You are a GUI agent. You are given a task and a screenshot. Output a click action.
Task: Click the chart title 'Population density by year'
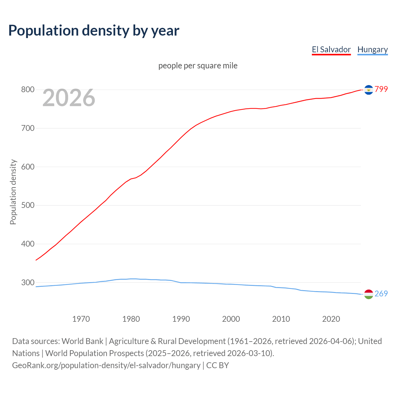[94, 31]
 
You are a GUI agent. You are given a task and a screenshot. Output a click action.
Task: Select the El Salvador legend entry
[331, 49]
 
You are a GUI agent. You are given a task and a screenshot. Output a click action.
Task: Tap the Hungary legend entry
[372, 49]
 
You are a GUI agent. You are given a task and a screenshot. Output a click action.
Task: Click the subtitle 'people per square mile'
[198, 66]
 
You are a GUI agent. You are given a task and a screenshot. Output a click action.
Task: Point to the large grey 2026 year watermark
[69, 98]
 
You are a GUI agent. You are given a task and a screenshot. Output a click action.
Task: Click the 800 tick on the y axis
[28, 90]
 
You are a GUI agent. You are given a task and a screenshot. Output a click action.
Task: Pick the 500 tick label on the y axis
[28, 205]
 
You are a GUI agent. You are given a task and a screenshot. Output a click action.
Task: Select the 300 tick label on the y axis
[28, 282]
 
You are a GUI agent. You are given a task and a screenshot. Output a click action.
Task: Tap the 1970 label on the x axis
[81, 319]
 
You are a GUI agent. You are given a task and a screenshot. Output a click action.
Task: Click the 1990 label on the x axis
[181, 319]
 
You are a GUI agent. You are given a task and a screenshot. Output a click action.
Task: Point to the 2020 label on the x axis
[331, 319]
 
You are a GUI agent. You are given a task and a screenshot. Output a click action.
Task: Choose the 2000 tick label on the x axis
[231, 319]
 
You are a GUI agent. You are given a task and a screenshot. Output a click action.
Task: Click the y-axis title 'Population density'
[13, 192]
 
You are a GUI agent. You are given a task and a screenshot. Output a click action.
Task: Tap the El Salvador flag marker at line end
[368, 90]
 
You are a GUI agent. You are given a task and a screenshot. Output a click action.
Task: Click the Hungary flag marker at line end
[368, 294]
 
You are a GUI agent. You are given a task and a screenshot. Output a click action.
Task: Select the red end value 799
[381, 89]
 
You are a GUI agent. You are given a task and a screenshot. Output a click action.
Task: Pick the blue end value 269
[381, 294]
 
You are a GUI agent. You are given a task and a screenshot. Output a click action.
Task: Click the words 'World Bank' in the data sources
[82, 341]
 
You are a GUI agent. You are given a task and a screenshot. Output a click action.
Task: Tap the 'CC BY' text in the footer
[217, 365]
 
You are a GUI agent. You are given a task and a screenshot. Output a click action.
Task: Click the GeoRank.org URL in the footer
[106, 365]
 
